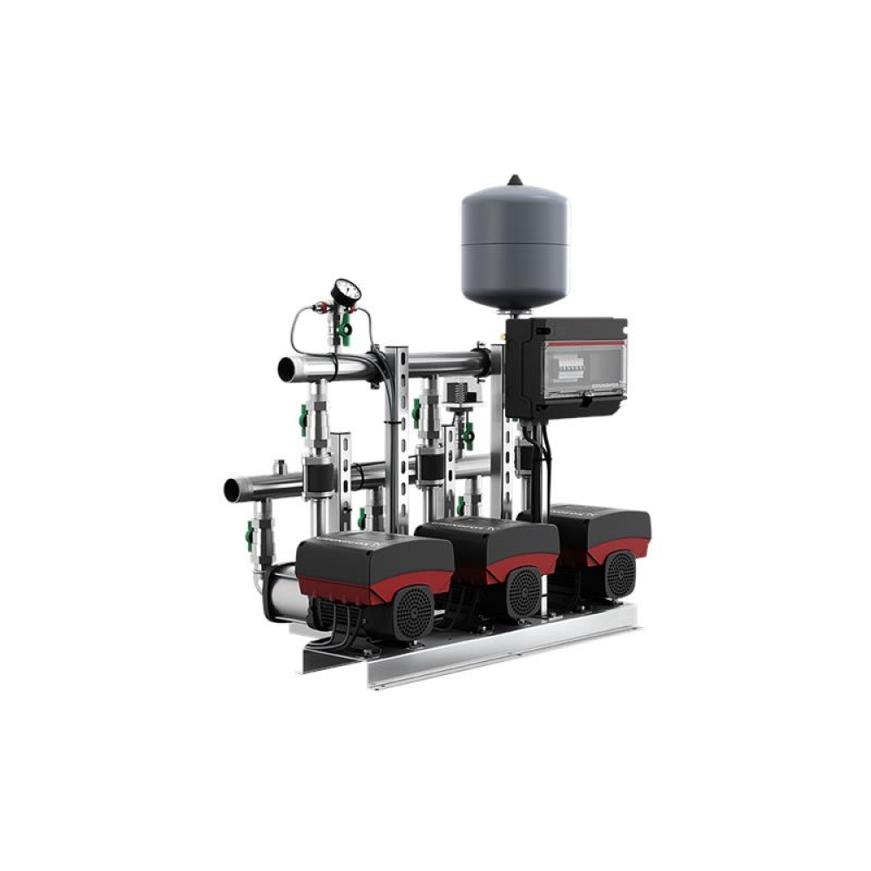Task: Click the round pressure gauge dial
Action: pos(346,291)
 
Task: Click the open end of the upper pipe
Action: pos(285,369)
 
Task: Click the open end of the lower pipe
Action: pos(232,490)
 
